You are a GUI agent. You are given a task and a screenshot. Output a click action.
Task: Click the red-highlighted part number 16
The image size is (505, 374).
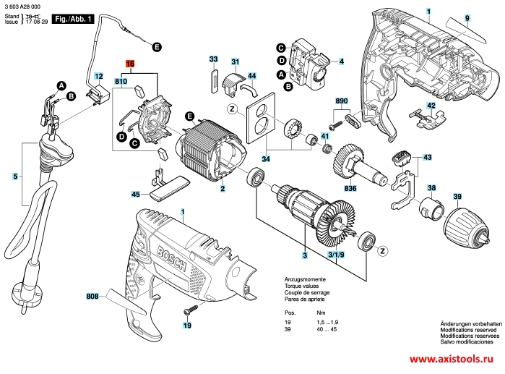(x=130, y=64)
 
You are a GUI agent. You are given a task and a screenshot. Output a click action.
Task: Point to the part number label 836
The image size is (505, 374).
(x=351, y=189)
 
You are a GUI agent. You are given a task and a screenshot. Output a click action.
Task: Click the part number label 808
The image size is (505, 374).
(x=92, y=296)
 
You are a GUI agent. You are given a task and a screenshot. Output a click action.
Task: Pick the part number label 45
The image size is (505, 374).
(x=136, y=194)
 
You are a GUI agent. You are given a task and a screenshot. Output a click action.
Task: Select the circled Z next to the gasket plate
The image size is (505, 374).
(x=232, y=109)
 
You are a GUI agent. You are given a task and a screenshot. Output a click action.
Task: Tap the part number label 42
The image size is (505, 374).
(x=431, y=106)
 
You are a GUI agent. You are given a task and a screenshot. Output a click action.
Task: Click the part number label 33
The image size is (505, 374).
(x=213, y=59)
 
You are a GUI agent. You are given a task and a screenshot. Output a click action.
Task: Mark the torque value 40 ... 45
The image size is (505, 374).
(x=326, y=329)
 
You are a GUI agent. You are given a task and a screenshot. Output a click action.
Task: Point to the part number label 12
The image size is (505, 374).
(x=99, y=75)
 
